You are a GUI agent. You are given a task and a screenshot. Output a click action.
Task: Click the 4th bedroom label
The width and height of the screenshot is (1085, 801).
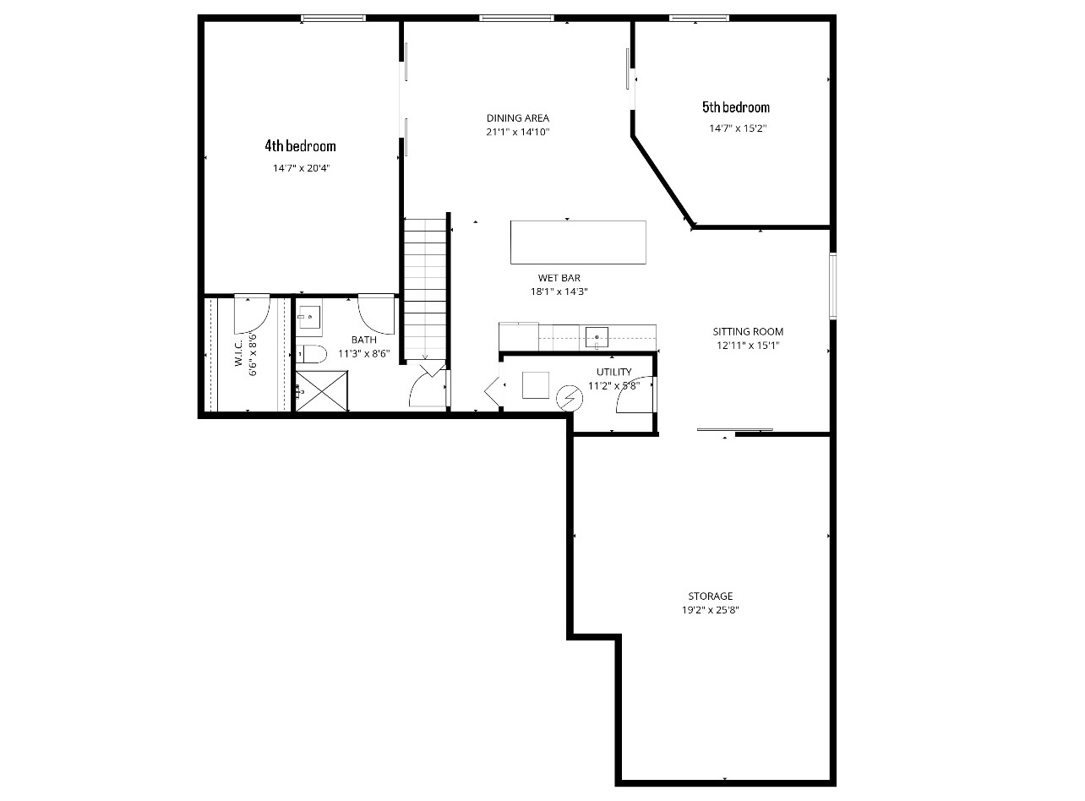(300, 146)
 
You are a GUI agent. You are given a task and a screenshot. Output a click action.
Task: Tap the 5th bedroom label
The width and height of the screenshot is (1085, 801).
(736, 107)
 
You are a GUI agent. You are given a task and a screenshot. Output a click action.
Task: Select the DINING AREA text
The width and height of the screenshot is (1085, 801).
(517, 118)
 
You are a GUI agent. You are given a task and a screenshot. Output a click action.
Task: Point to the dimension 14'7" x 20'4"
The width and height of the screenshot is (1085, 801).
(300, 168)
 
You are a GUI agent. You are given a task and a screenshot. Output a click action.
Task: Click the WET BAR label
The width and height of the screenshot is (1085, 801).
(559, 278)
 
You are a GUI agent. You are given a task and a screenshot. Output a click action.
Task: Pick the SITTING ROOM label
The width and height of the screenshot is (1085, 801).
(748, 332)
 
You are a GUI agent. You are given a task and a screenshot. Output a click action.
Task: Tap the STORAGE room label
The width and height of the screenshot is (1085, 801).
(710, 597)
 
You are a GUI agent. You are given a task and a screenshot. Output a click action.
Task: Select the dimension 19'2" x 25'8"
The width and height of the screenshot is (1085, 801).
(710, 610)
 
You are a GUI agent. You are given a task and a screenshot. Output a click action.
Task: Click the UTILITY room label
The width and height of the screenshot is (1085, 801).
(613, 372)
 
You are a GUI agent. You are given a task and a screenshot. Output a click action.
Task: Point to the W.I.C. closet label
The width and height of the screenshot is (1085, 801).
(239, 353)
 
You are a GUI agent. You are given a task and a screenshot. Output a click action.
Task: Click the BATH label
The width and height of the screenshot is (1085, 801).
(364, 340)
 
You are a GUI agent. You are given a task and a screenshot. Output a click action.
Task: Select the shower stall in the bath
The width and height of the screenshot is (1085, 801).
(321, 391)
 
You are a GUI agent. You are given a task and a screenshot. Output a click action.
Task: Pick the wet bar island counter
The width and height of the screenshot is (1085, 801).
(578, 242)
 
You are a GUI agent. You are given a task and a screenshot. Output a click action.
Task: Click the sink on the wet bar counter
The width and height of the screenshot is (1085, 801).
(597, 337)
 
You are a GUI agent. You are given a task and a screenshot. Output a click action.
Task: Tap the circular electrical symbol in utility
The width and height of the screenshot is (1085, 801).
(570, 397)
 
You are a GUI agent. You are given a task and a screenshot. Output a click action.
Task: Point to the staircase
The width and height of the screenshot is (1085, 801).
(424, 287)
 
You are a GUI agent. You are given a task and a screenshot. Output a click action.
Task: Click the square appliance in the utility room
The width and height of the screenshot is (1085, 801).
(535, 384)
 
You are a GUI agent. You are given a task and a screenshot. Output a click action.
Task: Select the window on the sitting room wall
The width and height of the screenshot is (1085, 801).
(832, 286)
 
